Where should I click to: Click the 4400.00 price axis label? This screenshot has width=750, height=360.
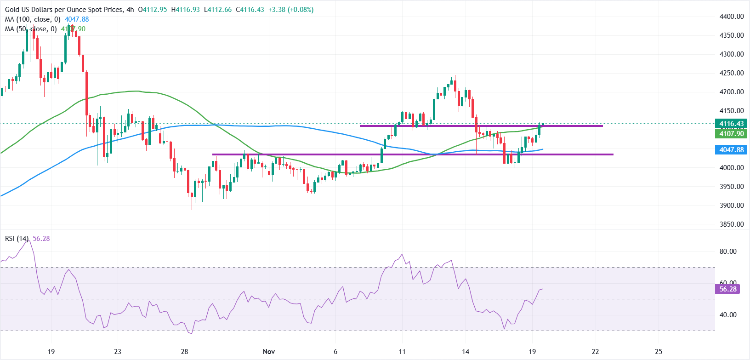(731, 17)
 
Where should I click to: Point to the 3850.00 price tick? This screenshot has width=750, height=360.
(731, 224)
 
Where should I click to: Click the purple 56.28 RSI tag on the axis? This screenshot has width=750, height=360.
(727, 289)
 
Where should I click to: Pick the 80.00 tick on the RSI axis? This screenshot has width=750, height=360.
(727, 251)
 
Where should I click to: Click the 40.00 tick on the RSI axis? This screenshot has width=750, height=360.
(727, 315)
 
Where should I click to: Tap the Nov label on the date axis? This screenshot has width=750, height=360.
(269, 352)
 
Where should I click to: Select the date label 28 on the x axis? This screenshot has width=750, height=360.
(184, 352)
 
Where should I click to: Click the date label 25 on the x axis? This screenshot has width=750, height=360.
(659, 352)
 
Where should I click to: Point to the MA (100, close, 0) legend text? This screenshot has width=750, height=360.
(33, 19)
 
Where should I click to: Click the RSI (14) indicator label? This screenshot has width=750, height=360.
(17, 239)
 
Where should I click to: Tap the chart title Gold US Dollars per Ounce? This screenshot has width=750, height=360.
(64, 10)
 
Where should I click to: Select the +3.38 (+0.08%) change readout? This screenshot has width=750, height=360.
(291, 10)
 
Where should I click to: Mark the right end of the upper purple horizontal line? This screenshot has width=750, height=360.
(602, 126)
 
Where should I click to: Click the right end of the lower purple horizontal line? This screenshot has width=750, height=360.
(613, 154)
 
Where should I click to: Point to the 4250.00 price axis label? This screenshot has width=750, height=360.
(731, 73)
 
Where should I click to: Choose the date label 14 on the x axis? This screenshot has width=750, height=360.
(466, 352)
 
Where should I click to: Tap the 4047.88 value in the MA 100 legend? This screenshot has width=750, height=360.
(77, 19)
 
